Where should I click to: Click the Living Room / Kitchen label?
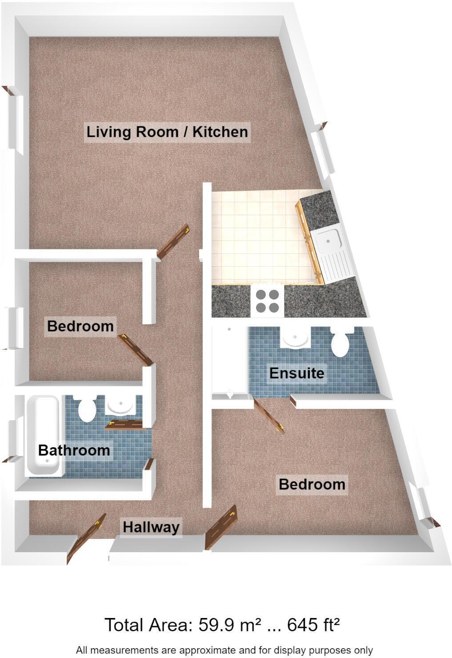click(167, 132)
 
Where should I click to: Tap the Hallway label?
click(151, 527)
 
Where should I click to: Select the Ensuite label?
click(296, 373)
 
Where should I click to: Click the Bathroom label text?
click(74, 450)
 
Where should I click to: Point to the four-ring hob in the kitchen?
click(267, 301)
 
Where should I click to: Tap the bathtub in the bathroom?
click(43, 436)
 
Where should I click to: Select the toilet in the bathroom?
click(87, 409)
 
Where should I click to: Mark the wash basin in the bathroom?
click(121, 405)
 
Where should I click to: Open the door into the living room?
click(174, 241)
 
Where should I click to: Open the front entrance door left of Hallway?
click(86, 539)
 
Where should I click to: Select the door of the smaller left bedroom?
click(136, 350)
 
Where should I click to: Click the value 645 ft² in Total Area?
click(314, 625)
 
